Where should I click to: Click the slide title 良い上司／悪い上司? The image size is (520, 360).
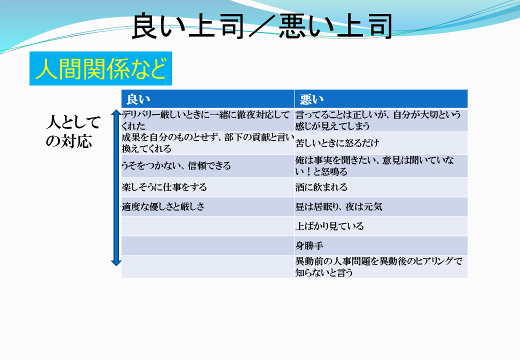[262, 26]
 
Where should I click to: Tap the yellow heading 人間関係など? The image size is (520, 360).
[100, 68]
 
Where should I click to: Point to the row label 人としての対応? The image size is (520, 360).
[73, 131]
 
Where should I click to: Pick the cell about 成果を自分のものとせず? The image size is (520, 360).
[208, 143]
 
